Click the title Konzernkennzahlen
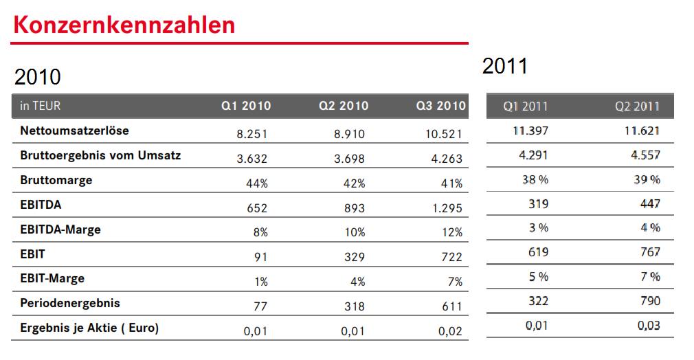124,25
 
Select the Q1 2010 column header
245,106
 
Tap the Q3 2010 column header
440,106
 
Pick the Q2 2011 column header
637,106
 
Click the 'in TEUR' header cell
41,106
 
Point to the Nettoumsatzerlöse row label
74,130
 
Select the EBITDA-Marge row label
60,229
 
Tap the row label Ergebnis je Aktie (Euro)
89,328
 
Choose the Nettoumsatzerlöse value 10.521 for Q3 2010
444,134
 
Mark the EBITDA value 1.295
447,207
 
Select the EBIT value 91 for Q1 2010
261,257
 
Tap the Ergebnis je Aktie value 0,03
649,325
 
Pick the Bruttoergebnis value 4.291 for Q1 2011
533,155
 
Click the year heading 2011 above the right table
505,67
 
